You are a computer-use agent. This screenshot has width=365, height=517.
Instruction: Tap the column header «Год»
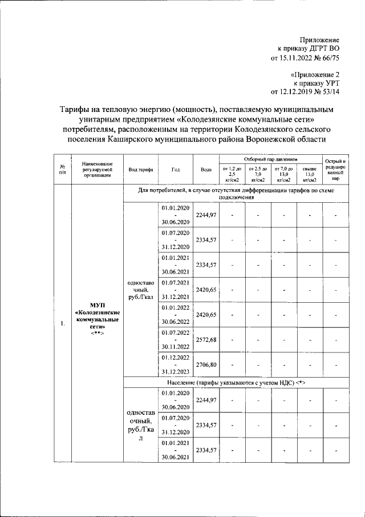[176, 170]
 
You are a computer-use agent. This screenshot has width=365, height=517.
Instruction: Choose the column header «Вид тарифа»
[140, 170]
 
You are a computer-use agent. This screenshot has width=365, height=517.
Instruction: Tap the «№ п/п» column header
[62, 170]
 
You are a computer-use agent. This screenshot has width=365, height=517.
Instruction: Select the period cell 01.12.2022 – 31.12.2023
[176, 364]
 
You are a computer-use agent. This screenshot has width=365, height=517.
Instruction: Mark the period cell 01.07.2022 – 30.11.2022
[176, 340]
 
